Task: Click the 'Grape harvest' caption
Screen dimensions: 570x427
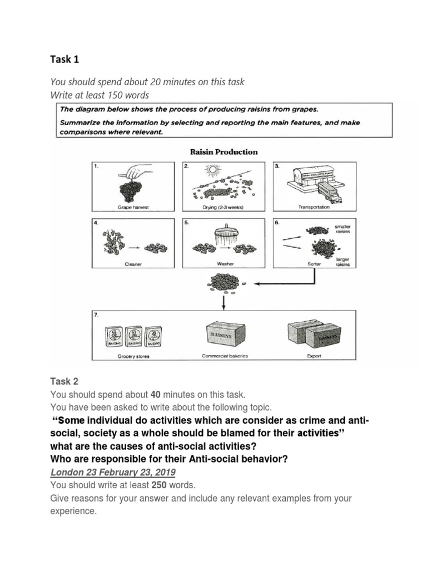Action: pos(133,207)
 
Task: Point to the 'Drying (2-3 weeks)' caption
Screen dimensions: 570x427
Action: pos(224,207)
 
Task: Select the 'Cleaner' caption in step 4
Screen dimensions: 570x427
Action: pos(133,264)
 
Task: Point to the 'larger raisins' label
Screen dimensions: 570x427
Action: pos(341,262)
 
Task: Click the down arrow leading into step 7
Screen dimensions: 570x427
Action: pos(224,301)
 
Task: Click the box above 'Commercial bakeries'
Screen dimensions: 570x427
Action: pos(224,333)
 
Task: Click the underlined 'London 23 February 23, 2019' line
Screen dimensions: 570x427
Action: pos(113,472)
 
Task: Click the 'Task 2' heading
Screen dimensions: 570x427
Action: pos(64,381)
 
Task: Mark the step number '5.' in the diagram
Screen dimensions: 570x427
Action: pos(187,222)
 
